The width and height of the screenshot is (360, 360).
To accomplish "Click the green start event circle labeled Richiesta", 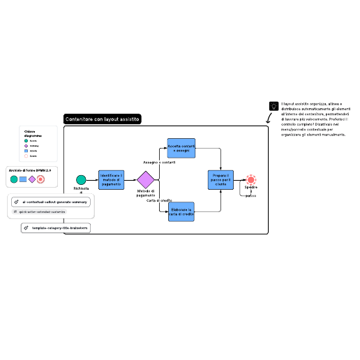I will pyautogui.click(x=82, y=180).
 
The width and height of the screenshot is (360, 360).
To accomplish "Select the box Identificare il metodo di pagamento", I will pyautogui.click(x=112, y=179).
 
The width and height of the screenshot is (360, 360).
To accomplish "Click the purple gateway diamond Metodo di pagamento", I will pyautogui.click(x=146, y=179).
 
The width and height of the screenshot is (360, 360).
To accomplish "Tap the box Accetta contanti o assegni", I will pyautogui.click(x=181, y=149).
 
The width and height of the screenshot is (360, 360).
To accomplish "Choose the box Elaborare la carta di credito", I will pyautogui.click(x=181, y=211).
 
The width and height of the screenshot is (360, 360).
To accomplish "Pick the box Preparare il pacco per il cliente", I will pyautogui.click(x=220, y=179).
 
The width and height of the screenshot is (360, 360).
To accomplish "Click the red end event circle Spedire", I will pyautogui.click(x=251, y=180).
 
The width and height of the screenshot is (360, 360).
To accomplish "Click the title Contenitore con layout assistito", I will pyautogui.click(x=103, y=119).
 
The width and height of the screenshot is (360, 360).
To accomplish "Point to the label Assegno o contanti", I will pyautogui.click(x=159, y=162).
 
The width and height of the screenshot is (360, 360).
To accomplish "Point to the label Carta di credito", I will pyautogui.click(x=159, y=200).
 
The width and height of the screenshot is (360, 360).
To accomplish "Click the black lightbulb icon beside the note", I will pyautogui.click(x=273, y=106).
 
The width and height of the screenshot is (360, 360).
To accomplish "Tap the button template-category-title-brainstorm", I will pyautogui.click(x=57, y=227).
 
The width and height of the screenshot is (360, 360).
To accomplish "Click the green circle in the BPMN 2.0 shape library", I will pyautogui.click(x=14, y=179).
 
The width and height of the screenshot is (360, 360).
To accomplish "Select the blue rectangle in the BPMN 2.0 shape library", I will pyautogui.click(x=23, y=179).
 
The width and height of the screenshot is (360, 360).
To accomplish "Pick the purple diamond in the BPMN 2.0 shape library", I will pyautogui.click(x=32, y=179).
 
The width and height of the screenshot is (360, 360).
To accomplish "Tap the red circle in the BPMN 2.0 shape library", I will pyautogui.click(x=41, y=179).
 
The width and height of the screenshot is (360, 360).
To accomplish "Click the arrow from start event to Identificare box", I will pyautogui.click(x=92, y=180).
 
